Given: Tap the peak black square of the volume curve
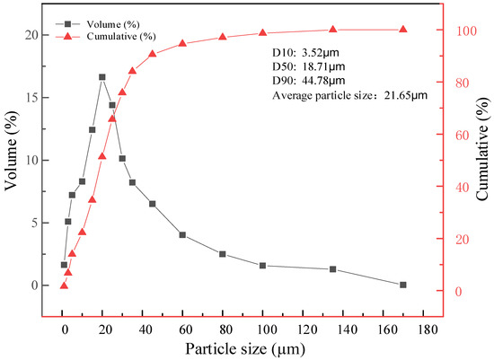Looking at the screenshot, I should click(x=101, y=77).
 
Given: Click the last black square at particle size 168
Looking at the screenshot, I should click(x=402, y=285).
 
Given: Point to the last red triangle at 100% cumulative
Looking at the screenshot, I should click(x=402, y=30).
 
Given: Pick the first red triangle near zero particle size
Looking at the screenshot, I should click(x=64, y=285).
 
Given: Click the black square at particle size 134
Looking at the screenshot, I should click(x=332, y=269).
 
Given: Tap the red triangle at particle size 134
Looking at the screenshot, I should click(x=332, y=30).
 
